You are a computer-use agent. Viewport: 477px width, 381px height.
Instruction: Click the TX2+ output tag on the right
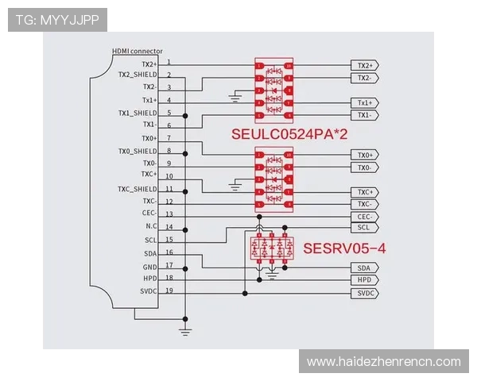[x=365, y=65]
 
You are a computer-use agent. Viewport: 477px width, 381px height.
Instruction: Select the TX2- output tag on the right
[x=365, y=78]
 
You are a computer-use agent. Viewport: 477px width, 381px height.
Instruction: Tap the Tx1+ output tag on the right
[x=365, y=103]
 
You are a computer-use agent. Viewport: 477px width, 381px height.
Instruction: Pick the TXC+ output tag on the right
[x=365, y=192]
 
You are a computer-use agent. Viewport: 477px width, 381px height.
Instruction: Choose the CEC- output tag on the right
[x=365, y=217]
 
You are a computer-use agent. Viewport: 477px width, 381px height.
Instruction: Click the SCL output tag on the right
[x=365, y=228]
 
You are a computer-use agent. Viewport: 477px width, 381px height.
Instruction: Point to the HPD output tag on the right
[x=365, y=280]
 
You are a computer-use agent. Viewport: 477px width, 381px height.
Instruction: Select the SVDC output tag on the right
[x=365, y=293]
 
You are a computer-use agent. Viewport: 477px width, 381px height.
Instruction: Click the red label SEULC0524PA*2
[x=289, y=134]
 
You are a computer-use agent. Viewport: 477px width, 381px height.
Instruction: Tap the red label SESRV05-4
[x=344, y=248]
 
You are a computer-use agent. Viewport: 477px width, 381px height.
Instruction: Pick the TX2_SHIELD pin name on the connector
[x=138, y=75]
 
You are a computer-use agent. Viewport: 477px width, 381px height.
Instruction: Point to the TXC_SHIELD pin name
[x=138, y=189]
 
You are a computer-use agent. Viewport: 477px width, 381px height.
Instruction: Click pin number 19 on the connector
[x=169, y=291]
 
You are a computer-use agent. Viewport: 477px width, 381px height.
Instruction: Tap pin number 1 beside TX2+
[x=169, y=62]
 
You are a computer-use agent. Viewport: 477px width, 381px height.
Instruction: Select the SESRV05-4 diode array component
[x=273, y=248]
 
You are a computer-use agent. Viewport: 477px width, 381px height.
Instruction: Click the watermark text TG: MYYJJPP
[x=56, y=19]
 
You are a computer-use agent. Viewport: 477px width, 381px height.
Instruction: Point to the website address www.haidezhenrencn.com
[x=383, y=362]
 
